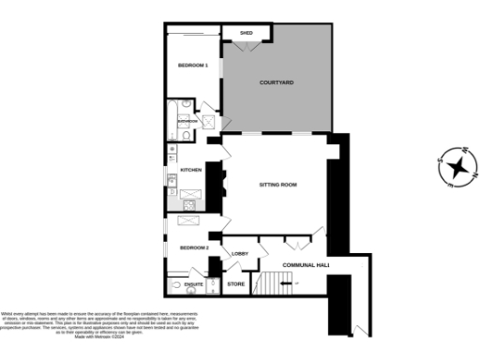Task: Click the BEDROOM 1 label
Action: click(193, 66)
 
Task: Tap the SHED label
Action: click(247, 33)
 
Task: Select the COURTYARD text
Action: click(277, 83)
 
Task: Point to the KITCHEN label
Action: click(191, 170)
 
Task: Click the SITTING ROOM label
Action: click(277, 185)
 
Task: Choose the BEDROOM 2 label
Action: click(194, 247)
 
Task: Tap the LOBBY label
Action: click(239, 254)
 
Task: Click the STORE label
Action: click(236, 283)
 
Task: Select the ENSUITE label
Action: click(194, 283)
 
